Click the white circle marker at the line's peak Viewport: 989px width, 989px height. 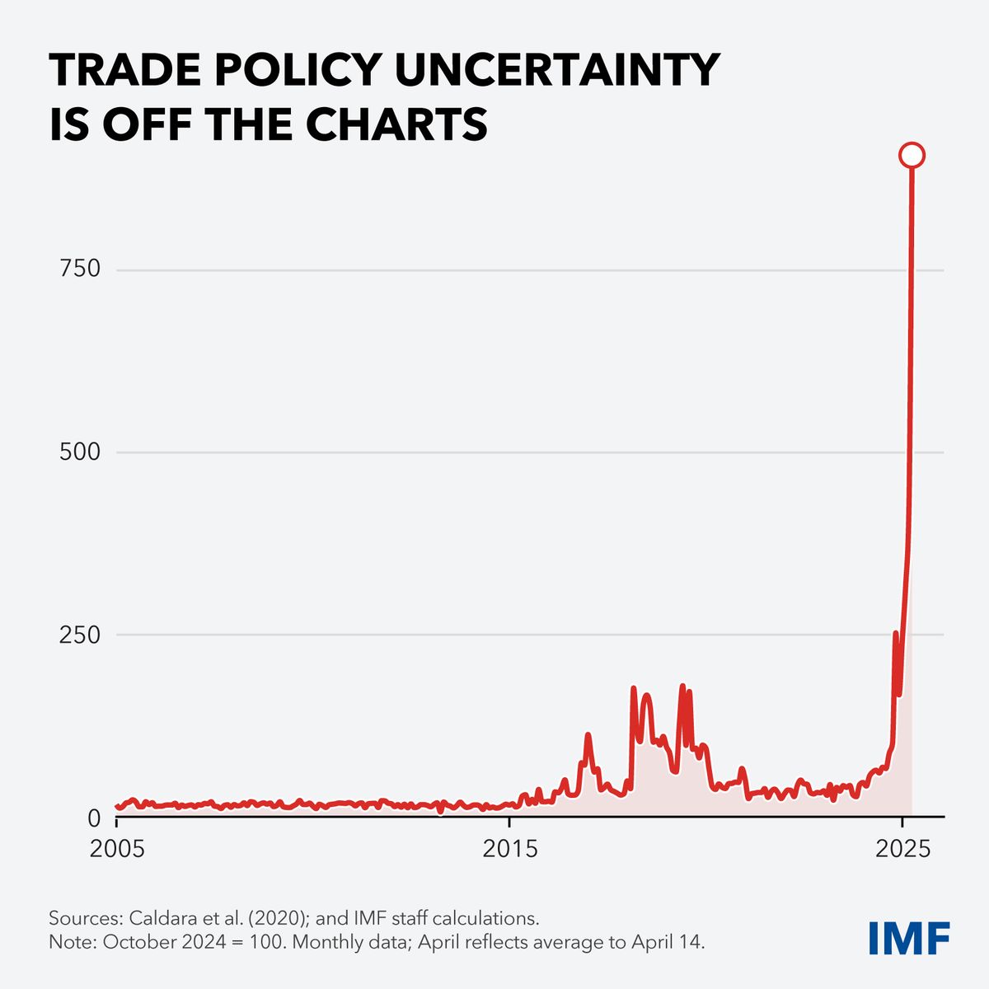[912, 155]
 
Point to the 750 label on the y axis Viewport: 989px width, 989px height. [80, 269]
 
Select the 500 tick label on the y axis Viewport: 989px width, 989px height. [80, 452]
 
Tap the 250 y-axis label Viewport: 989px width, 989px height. [80, 635]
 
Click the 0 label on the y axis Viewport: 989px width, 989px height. [94, 818]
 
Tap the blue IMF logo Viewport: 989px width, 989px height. [909, 938]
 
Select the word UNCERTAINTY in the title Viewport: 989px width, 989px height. [557, 70]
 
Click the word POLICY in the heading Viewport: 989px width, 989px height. [298, 70]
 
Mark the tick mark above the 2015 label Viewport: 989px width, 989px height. [509, 822]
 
